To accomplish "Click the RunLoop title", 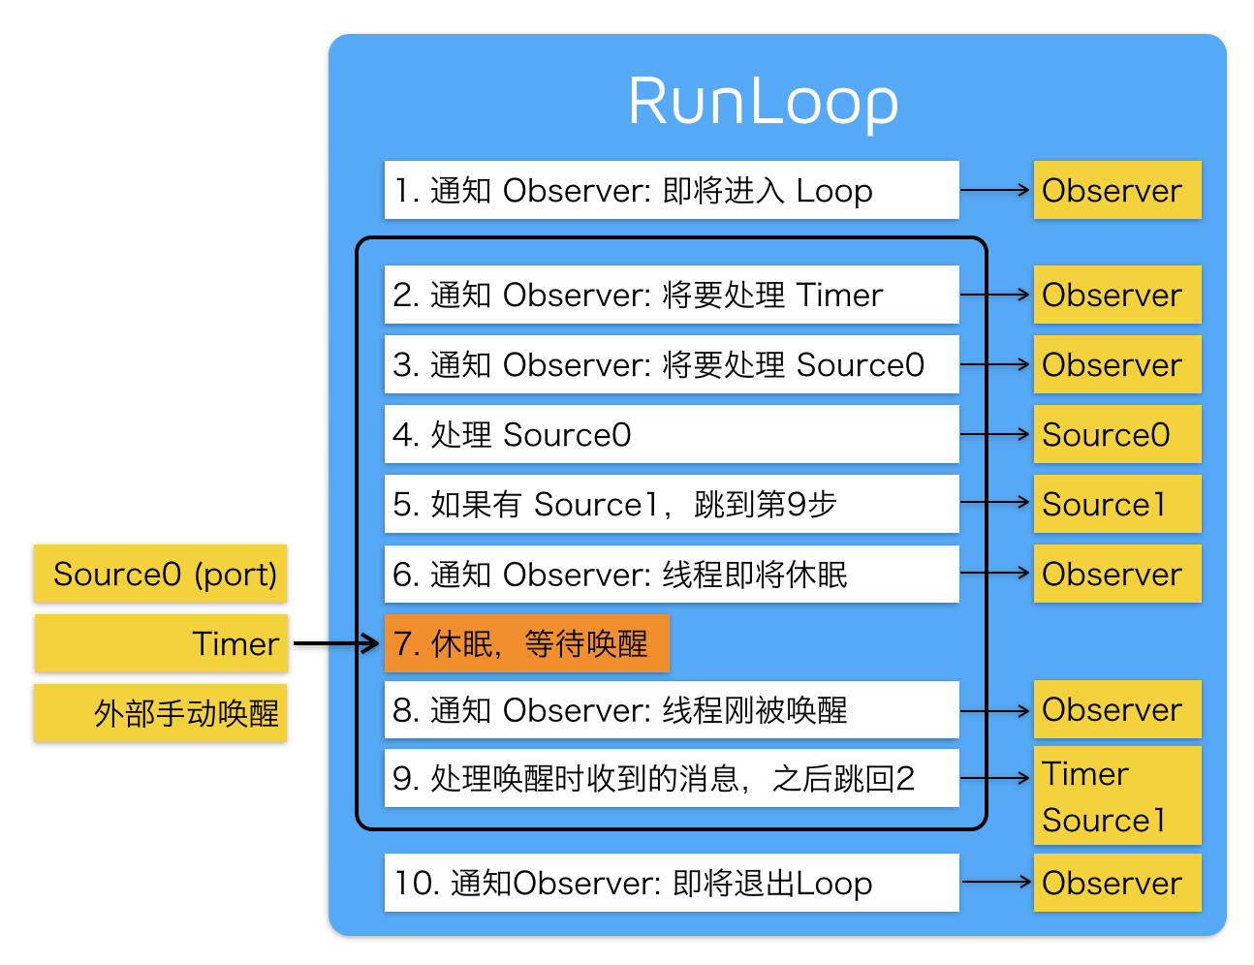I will pos(763,102).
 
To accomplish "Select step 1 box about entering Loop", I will pos(671,190).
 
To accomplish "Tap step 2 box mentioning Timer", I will pos(671,295).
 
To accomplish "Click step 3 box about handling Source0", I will pos(671,364).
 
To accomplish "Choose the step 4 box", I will pos(671,434).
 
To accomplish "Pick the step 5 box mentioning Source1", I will pos(671,504).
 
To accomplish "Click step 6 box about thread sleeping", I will pos(671,574).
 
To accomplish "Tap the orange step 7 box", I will pos(527,643).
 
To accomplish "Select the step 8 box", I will pos(671,710).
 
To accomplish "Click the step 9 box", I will pos(671,778).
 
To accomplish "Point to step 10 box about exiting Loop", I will pos(671,883).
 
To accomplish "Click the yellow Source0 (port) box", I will pos(161,574).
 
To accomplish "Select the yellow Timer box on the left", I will pos(161,643).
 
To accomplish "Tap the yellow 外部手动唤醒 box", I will pos(161,713).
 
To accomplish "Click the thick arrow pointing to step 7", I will pos(335,643).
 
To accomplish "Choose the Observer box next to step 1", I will pos(1116,190).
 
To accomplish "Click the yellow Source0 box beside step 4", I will pos(1116,434).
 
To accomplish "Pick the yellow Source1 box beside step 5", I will pos(1116,504).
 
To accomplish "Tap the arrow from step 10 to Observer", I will pos(995,882).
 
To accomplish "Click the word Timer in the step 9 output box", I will pos(1085,774).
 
